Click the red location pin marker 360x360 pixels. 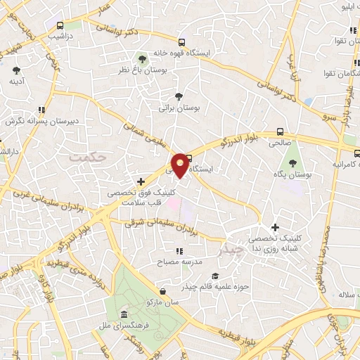181,165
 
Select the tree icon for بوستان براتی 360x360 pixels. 179,97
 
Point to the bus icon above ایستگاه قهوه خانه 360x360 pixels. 183,42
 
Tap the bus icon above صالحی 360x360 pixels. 280,131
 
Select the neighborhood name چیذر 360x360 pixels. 231,250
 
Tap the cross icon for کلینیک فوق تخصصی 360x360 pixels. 141,181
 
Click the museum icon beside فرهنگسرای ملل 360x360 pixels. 124,314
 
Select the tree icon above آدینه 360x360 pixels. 16,70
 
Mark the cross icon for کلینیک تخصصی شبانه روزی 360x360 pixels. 275,227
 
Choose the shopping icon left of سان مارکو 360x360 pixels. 163,291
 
